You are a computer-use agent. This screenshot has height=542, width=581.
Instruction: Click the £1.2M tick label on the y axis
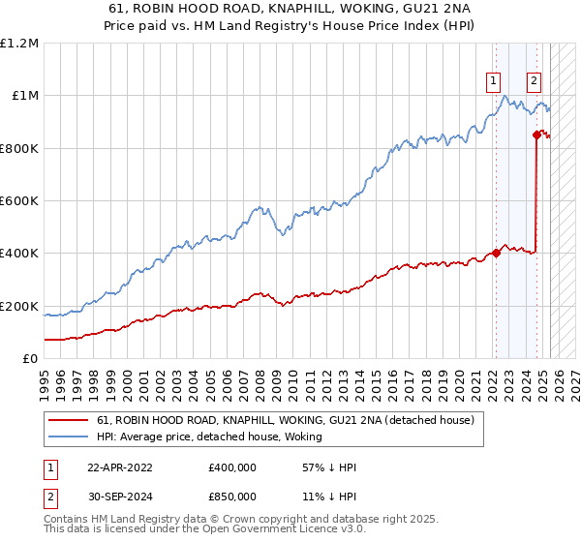19,44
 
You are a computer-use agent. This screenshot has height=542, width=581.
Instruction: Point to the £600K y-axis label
19,201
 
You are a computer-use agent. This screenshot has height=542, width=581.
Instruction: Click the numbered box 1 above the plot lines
494,81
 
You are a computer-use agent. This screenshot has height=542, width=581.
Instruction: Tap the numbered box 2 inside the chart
534,81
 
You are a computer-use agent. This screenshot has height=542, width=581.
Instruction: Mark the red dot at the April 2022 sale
496,254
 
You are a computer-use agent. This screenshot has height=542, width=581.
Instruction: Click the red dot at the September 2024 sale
536,135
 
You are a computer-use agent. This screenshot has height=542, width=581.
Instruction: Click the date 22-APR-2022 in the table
120,467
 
